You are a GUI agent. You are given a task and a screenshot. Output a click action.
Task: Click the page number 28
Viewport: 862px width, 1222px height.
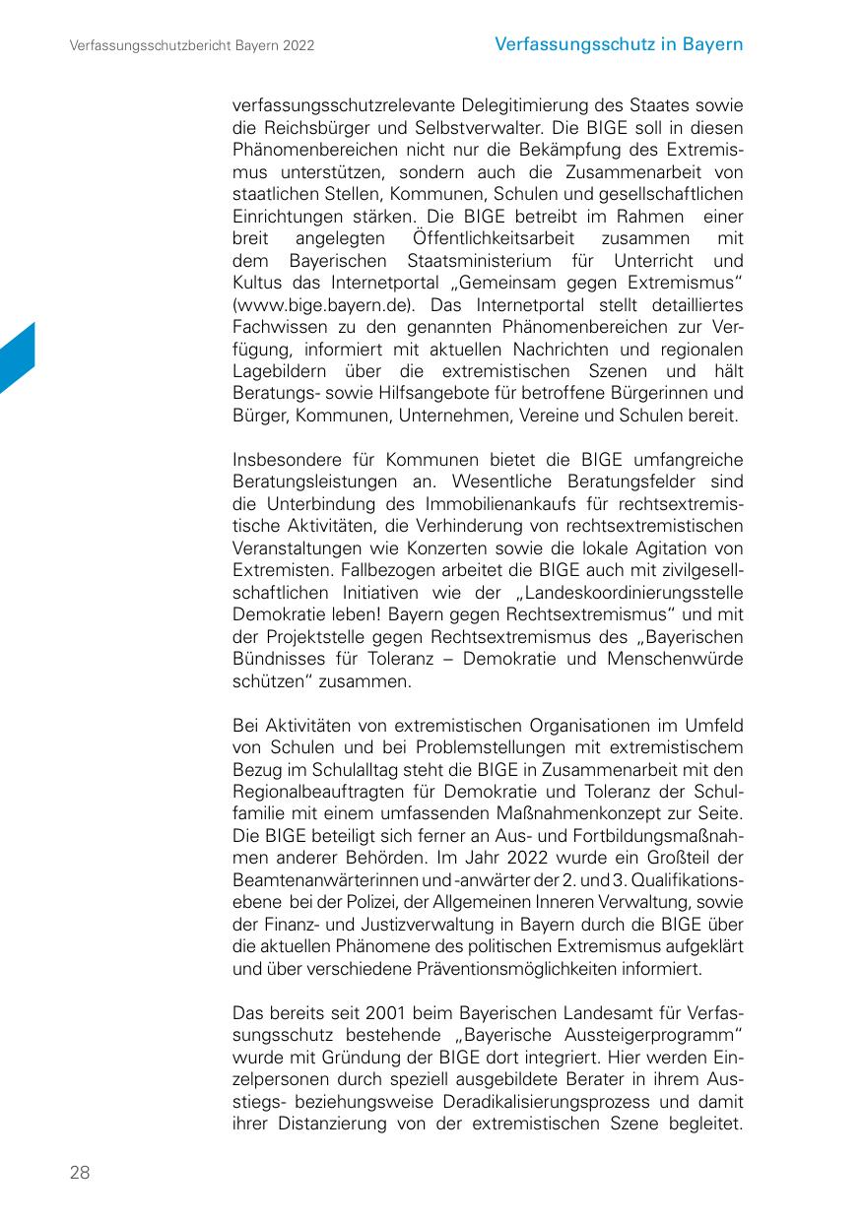(80, 1172)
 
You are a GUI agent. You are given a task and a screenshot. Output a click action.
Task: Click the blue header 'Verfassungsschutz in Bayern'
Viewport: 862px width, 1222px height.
(619, 44)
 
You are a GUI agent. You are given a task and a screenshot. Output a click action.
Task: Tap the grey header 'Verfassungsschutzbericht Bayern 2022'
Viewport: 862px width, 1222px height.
(192, 46)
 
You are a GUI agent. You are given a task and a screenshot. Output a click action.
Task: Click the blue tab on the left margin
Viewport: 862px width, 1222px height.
(17, 358)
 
